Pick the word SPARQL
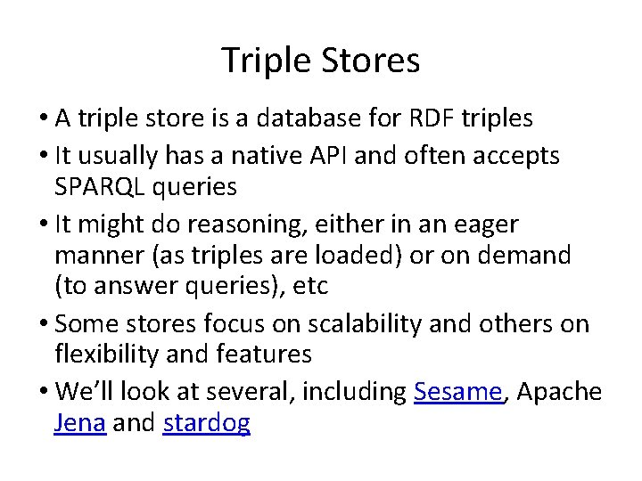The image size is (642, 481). coord(102,186)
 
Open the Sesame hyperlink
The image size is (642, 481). coord(458,393)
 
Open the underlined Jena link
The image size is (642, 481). coord(80,423)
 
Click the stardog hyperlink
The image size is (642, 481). coord(207,423)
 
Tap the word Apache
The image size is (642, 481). coord(559,393)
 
